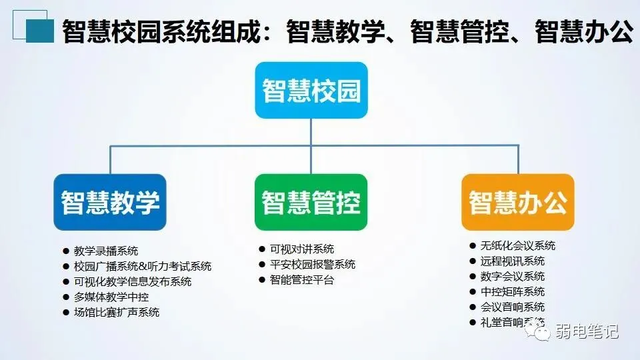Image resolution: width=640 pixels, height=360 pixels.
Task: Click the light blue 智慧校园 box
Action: click(x=311, y=90)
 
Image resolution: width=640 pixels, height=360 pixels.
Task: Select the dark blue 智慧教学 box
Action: click(x=110, y=202)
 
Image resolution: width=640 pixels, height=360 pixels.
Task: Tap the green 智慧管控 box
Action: click(x=311, y=202)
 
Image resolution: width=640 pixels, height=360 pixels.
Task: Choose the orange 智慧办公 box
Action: click(x=517, y=202)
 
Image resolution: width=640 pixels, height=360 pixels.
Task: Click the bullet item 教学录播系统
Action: click(x=106, y=251)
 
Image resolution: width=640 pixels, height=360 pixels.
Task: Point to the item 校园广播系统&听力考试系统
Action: click(x=143, y=267)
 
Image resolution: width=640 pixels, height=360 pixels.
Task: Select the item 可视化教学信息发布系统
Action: click(x=133, y=281)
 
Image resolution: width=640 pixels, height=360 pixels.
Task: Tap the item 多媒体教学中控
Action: click(x=111, y=297)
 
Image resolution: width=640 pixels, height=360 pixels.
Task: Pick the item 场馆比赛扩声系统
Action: click(x=117, y=312)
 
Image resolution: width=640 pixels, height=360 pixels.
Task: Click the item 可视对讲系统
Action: click(x=302, y=249)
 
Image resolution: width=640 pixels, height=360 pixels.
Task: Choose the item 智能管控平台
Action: click(x=302, y=280)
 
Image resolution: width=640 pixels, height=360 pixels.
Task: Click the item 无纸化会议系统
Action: click(x=517, y=246)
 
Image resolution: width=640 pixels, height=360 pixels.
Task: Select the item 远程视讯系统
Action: click(x=512, y=261)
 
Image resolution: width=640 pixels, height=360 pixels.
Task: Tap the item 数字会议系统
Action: click(x=512, y=277)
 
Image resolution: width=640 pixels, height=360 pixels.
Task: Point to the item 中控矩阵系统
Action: click(x=512, y=292)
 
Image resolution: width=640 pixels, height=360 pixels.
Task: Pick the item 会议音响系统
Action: click(x=512, y=307)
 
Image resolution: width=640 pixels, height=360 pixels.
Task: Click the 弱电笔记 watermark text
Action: click(x=587, y=331)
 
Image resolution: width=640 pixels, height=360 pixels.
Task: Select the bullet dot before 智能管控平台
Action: click(x=262, y=280)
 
